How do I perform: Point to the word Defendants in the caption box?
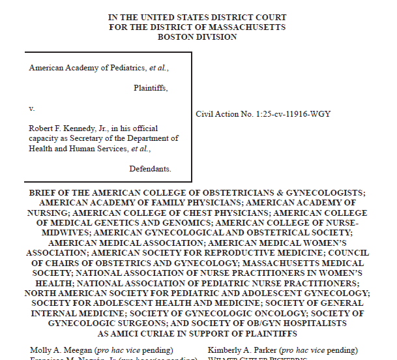tap(149, 168)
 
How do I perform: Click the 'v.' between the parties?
tap(32, 108)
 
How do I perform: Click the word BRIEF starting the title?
tap(44, 193)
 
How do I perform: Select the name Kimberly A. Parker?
tap(239, 350)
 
